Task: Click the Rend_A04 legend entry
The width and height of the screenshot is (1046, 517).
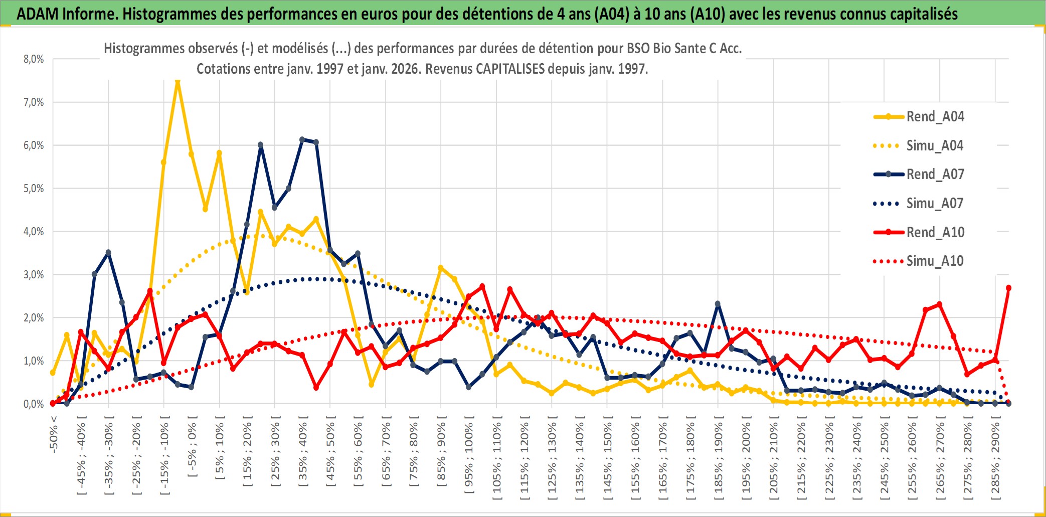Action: tap(935, 117)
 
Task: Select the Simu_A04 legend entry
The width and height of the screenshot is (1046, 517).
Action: tap(935, 146)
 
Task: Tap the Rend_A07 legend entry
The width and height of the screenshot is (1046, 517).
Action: tap(935, 175)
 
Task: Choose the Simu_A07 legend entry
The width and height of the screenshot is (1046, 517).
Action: tap(935, 204)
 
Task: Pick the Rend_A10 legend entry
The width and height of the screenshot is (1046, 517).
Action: tap(935, 233)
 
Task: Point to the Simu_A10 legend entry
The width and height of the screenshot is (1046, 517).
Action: tap(935, 261)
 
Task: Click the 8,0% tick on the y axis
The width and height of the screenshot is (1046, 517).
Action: tap(34, 59)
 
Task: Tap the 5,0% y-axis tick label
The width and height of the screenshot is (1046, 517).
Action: tap(34, 189)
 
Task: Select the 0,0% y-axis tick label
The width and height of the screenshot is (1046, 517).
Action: tap(34, 404)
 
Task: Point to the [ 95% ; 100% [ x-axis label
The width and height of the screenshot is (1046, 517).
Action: tap(469, 458)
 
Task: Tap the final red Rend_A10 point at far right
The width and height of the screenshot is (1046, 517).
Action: tap(1008, 288)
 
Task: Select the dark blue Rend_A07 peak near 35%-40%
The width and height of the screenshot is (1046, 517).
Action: tap(302, 139)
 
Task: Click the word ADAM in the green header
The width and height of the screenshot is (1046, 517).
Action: tap(38, 14)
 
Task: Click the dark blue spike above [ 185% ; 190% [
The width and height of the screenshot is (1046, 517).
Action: tap(718, 304)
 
